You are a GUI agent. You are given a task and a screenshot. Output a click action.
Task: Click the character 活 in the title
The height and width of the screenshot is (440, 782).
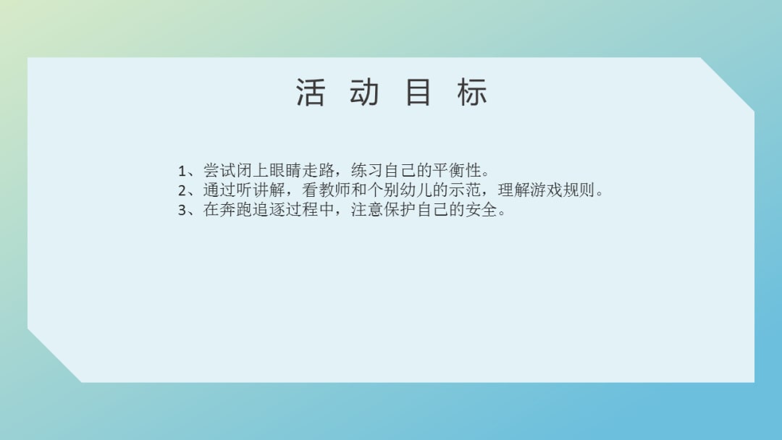click(x=310, y=93)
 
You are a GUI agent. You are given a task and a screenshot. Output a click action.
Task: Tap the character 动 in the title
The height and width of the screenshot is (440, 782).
click(x=363, y=93)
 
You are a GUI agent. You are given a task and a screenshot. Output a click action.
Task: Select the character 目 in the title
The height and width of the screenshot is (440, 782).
click(x=419, y=93)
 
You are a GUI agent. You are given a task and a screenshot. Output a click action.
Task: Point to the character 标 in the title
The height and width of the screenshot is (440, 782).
click(x=472, y=93)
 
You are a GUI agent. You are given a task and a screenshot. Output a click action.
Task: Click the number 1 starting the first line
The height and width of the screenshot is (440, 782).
click(x=182, y=172)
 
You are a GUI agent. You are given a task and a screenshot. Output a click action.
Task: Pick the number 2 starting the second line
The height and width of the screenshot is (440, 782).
click(x=182, y=192)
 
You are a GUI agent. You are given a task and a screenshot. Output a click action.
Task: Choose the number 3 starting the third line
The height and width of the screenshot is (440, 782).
click(x=182, y=212)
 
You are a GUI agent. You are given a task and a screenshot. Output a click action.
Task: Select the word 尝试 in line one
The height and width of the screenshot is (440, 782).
click(x=219, y=172)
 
